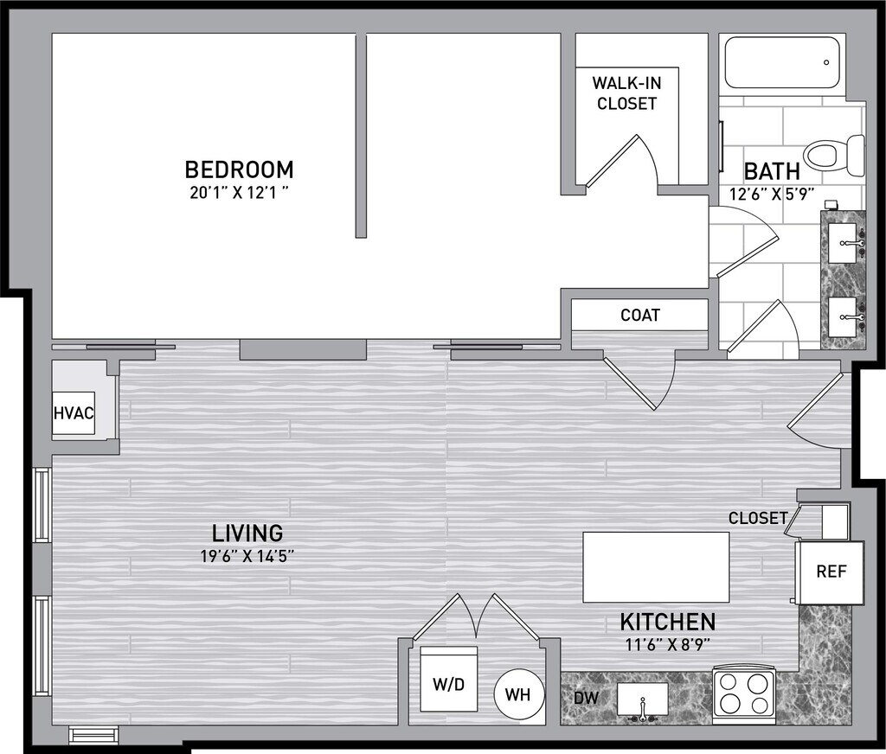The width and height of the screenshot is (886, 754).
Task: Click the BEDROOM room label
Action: click(x=239, y=169)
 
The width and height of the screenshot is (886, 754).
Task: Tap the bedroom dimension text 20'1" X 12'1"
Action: click(x=240, y=194)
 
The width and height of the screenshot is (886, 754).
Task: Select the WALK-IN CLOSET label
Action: click(x=626, y=93)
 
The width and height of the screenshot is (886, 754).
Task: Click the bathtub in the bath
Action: click(x=782, y=62)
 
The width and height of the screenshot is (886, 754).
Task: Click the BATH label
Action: click(x=772, y=170)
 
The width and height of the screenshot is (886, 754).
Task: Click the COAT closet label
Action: click(x=640, y=315)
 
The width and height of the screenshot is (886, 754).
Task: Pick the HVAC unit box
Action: click(x=74, y=412)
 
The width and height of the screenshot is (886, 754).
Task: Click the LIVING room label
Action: click(x=247, y=533)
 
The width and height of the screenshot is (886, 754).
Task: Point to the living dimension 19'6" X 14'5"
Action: click(x=247, y=557)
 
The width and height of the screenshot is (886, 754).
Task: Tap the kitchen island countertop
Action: click(x=656, y=567)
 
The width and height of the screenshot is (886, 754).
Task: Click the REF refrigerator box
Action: click(x=830, y=572)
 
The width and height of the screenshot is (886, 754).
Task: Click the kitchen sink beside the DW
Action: click(x=642, y=700)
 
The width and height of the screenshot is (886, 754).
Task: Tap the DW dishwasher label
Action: click(x=586, y=698)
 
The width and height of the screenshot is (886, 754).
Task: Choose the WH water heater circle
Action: click(x=517, y=693)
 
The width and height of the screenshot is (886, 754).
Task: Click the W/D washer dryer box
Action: click(x=449, y=680)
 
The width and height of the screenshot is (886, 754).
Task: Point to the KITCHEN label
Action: click(x=668, y=622)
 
